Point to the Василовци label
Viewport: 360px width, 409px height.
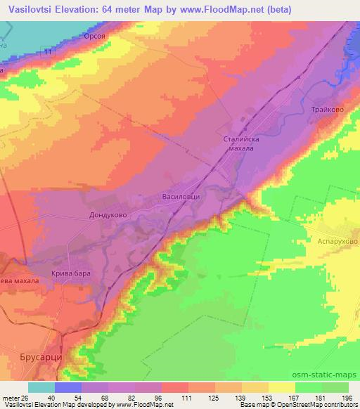pyautogui.click(x=181, y=197)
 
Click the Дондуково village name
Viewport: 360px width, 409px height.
pyautogui.click(x=107, y=216)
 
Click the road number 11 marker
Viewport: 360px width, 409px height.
pyautogui.click(x=46, y=53)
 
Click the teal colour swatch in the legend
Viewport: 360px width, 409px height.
pyautogui.click(x=41, y=387)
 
